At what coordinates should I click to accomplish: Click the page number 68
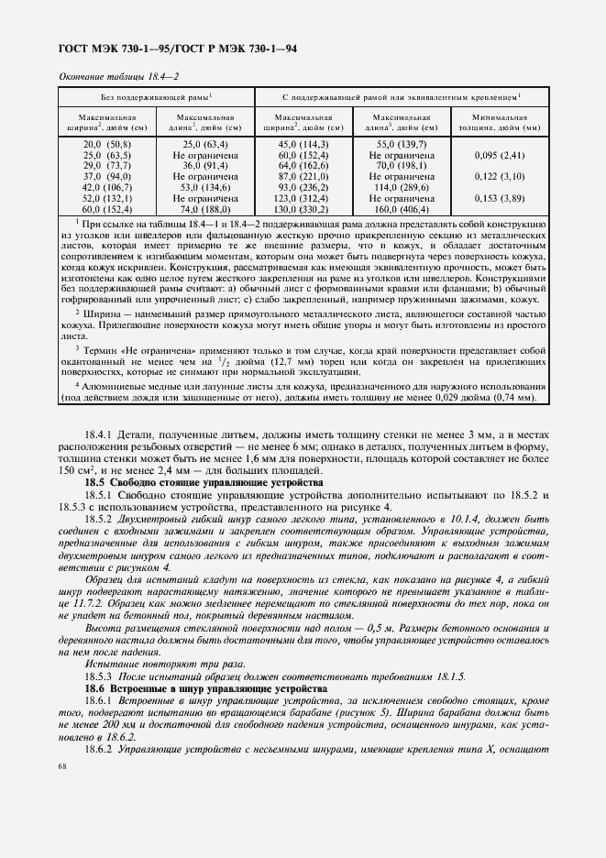tap(62, 765)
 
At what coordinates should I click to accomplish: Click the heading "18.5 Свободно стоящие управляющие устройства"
tap(204, 481)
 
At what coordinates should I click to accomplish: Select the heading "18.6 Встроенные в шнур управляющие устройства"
tap(208, 687)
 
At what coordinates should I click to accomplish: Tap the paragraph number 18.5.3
tap(98, 676)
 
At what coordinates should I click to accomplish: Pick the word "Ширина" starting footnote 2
tap(101, 313)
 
